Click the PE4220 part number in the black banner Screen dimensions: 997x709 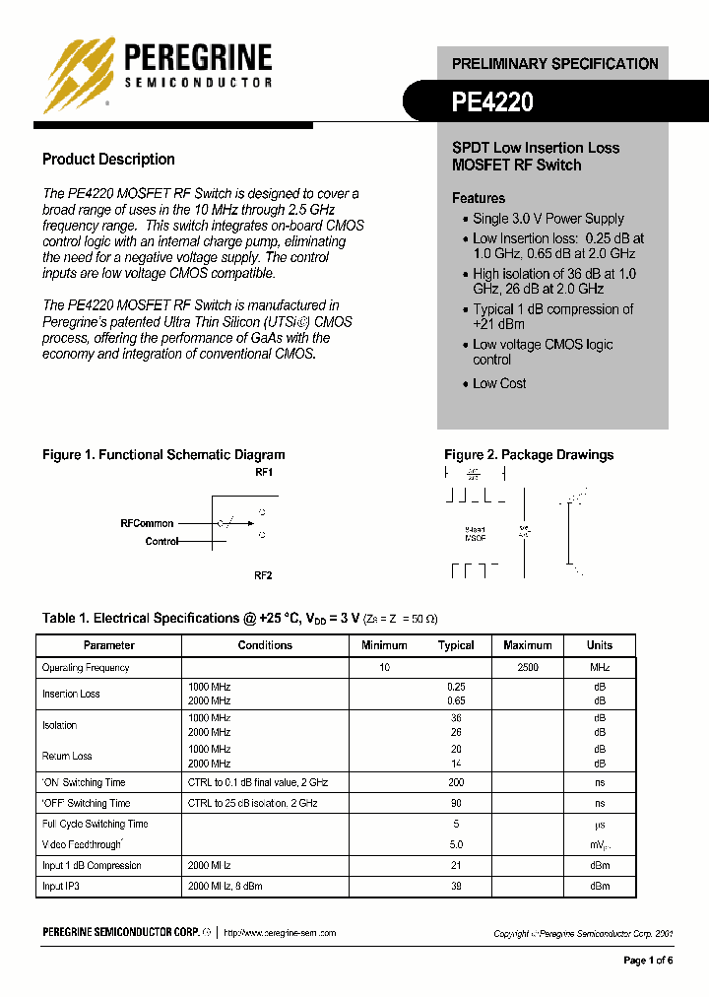pos(492,102)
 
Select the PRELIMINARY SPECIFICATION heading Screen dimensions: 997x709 pos(554,64)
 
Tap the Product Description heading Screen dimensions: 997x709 pos(108,160)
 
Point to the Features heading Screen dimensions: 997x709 pos(479,198)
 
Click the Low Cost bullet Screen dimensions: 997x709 pos(499,383)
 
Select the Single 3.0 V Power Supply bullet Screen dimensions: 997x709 pos(548,219)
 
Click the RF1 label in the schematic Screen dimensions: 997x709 pos(263,473)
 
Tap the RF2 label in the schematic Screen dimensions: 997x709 pos(263,575)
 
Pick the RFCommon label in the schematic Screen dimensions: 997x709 pos(147,523)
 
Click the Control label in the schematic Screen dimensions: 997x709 pos(161,541)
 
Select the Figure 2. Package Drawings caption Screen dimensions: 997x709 pos(529,455)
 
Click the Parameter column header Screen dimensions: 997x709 pos(109,645)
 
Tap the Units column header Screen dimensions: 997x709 pos(599,645)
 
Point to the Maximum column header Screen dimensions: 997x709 pos(528,645)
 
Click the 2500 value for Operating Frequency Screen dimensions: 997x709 pos(528,668)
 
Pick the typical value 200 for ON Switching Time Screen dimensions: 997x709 pos(455,782)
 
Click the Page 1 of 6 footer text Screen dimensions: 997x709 pos(648,961)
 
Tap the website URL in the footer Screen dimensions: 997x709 pos(281,932)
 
